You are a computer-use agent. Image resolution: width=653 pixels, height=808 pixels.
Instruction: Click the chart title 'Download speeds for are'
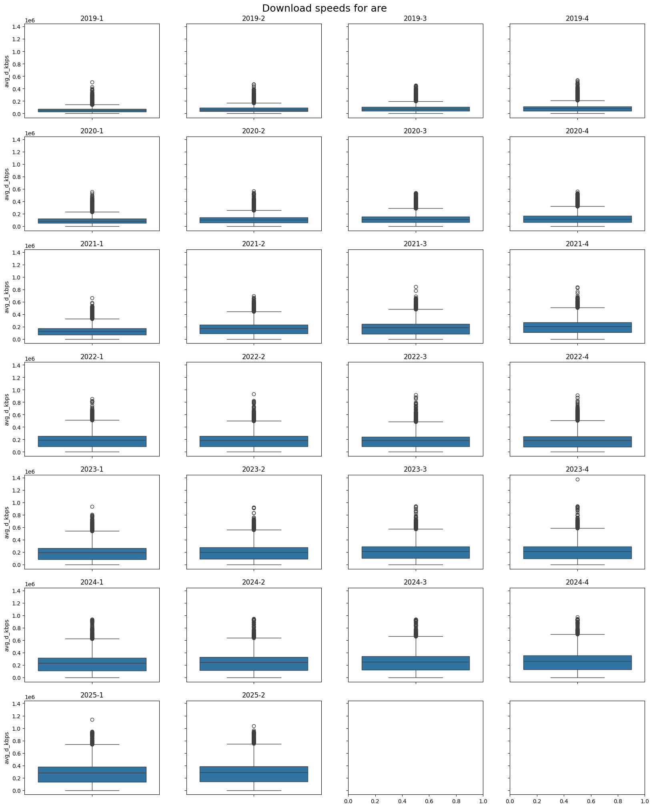coord(324,8)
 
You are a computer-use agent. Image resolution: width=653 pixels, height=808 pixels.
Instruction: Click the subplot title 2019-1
coord(92,18)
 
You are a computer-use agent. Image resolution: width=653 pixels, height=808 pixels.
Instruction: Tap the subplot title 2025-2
coord(253,695)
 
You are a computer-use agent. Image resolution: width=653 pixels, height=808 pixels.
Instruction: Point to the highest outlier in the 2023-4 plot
coord(577,479)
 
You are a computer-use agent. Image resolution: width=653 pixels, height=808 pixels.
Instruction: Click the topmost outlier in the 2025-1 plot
coord(92,720)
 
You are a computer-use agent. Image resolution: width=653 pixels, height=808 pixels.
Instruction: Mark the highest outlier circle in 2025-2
coord(254,726)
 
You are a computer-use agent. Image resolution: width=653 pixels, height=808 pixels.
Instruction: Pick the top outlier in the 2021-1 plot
coord(92,298)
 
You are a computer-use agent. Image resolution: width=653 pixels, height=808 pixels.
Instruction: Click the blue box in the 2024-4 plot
coord(577,662)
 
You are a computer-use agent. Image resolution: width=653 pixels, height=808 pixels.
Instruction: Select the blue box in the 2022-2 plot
coord(254,441)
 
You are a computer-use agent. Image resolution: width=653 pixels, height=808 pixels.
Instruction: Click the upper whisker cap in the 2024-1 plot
coord(92,639)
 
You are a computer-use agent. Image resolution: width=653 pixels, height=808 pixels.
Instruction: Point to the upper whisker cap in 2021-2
coord(254,312)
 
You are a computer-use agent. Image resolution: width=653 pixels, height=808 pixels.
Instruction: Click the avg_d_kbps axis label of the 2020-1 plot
coord(7,184)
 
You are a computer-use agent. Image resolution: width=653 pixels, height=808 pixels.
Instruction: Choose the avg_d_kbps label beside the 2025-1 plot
coord(7,748)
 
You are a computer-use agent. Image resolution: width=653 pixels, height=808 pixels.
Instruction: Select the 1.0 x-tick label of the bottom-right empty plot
coord(645,801)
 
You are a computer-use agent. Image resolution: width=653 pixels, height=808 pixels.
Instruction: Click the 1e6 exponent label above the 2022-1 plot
coord(30,359)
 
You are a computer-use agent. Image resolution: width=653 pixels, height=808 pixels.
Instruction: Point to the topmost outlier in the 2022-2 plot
coord(254,394)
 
